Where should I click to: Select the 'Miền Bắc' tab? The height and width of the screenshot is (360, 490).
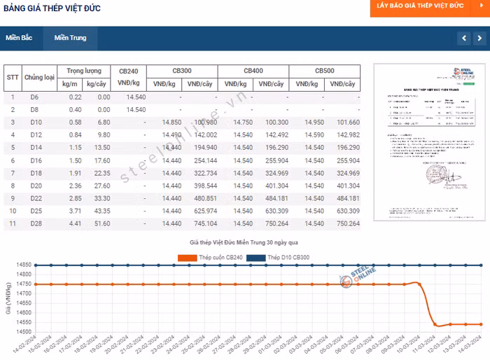pyautogui.click(x=19, y=38)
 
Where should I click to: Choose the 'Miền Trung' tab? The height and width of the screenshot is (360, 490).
pyautogui.click(x=70, y=38)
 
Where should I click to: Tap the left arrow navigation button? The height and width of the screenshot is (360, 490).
pyautogui.click(x=463, y=38)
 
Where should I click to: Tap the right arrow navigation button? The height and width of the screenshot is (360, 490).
pyautogui.click(x=480, y=38)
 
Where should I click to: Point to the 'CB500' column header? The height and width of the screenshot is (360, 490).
pyautogui.click(x=324, y=71)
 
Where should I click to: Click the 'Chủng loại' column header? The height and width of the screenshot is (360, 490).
pyautogui.click(x=39, y=77)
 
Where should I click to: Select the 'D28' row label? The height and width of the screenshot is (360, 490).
pyautogui.click(x=35, y=223)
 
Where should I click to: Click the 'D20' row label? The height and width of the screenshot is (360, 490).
pyautogui.click(x=35, y=186)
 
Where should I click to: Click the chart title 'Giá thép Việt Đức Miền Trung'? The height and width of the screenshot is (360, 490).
pyautogui.click(x=245, y=242)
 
